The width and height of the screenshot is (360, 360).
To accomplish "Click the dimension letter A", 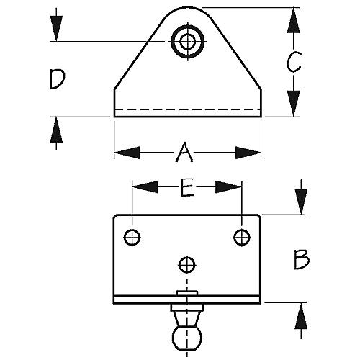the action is click(x=184, y=152).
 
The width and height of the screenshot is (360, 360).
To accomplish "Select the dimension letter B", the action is click(x=302, y=260).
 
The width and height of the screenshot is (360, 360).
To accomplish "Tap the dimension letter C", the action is click(x=294, y=62).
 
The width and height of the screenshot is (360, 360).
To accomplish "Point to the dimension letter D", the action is click(x=57, y=79).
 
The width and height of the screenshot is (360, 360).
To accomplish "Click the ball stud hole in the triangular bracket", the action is click(x=187, y=42).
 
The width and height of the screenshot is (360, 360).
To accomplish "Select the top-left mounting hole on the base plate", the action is click(x=132, y=238).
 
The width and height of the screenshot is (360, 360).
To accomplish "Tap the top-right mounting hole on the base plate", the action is click(x=242, y=238).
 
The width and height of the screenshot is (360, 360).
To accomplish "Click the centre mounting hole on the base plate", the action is click(x=187, y=265).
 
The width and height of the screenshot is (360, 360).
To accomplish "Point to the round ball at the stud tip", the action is click(x=187, y=338).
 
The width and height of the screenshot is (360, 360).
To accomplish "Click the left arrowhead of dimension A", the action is click(x=127, y=153).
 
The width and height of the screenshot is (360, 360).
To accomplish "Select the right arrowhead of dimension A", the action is click(x=248, y=153).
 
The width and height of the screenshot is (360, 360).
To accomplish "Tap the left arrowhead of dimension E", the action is click(x=145, y=187).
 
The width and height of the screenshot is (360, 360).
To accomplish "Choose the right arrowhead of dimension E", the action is click(x=228, y=187).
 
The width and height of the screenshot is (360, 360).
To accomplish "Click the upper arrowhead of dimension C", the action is click(x=294, y=20).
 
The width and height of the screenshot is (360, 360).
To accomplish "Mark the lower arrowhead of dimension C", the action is click(x=294, y=104).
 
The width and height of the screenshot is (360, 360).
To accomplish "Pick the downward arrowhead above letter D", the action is click(x=56, y=29).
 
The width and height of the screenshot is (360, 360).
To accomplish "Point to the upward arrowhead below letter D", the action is click(x=56, y=130).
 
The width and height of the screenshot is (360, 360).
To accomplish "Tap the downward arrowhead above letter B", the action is click(x=301, y=202).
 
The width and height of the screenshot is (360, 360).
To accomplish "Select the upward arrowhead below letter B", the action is click(x=301, y=315).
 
